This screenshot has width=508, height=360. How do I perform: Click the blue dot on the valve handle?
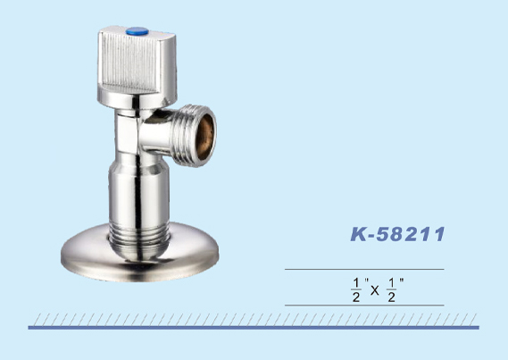click(137, 31)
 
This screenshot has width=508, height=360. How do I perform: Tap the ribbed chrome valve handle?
click(137, 66)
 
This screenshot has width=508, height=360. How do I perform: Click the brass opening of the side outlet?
click(205, 137)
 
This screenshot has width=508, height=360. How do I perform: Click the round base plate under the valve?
click(139, 256)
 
